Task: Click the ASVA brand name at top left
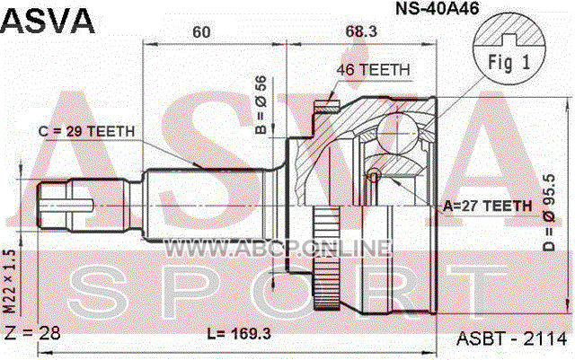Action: tap(48, 21)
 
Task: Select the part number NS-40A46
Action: tap(437, 8)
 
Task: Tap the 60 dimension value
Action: tap(201, 32)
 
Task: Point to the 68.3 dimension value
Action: tap(361, 31)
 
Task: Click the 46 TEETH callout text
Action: tap(373, 70)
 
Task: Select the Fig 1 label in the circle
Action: tap(509, 62)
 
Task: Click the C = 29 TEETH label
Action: tap(86, 131)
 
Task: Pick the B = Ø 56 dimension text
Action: tap(261, 105)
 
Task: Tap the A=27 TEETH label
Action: tap(487, 206)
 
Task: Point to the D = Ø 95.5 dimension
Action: tap(550, 213)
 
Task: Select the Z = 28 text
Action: tap(31, 333)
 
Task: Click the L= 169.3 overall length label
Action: tap(239, 334)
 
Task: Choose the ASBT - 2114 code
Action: tap(511, 338)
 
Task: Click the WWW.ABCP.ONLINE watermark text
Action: tap(278, 248)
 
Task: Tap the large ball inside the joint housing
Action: tap(397, 134)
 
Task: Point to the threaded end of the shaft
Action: tap(54, 206)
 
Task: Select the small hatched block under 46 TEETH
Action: tap(327, 107)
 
